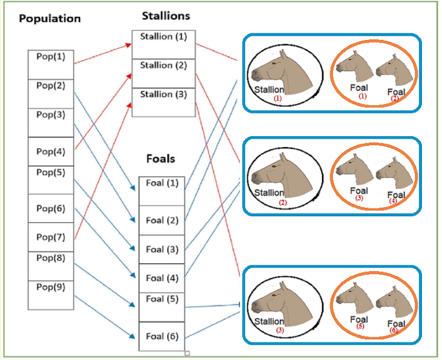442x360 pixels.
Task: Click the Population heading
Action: [50, 18]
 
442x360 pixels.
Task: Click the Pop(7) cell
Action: [51, 237]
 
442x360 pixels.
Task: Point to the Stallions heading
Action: [167, 15]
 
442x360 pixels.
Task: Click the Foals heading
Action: [160, 158]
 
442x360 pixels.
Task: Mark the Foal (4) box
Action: [162, 278]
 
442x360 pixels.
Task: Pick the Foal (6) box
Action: [162, 336]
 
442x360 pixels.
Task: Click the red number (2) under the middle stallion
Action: [282, 203]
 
